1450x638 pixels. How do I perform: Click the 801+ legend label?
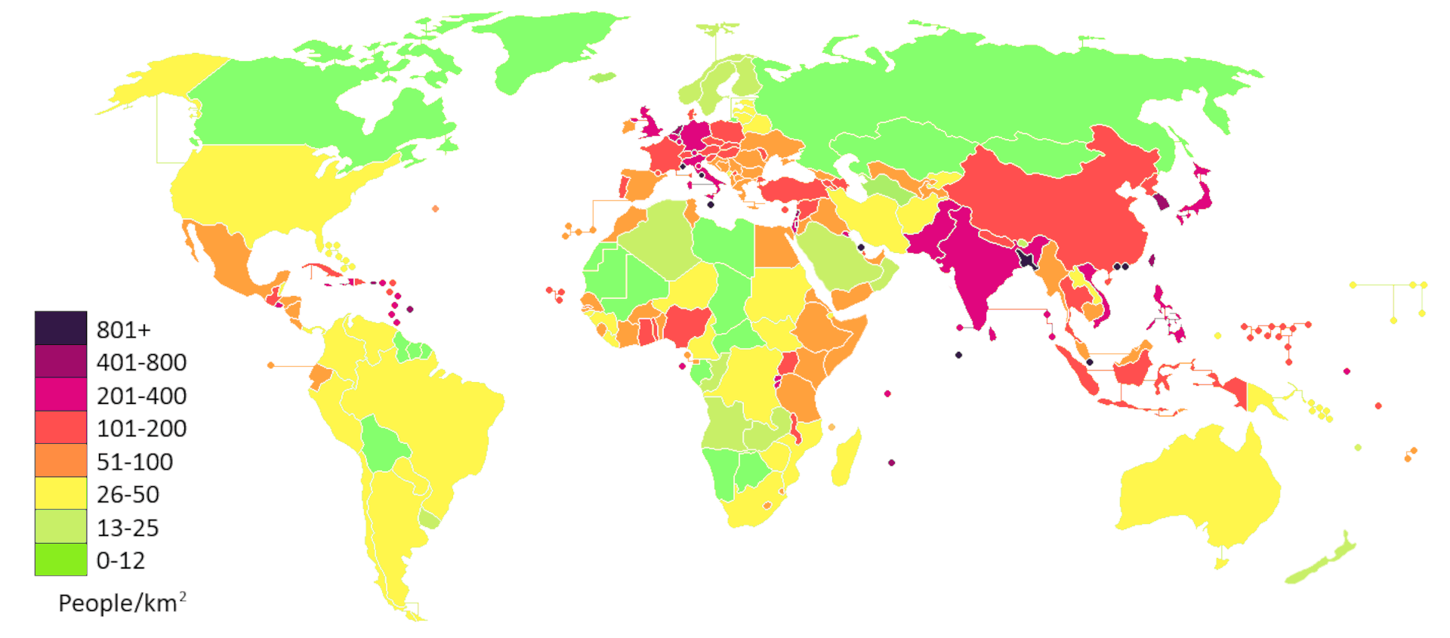pyautogui.click(x=124, y=330)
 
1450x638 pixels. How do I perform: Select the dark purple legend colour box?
pyautogui.click(x=60, y=328)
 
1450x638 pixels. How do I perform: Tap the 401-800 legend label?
pyautogui.click(x=141, y=362)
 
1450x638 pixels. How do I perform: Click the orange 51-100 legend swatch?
pyautogui.click(x=60, y=461)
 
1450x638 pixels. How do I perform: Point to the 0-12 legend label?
pyautogui.click(x=121, y=560)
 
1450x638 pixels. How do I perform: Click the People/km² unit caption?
pyautogui.click(x=122, y=603)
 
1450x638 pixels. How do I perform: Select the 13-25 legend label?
pyautogui.click(x=128, y=528)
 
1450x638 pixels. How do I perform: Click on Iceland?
pyautogui.click(x=602, y=77)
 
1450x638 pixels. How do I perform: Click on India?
pyautogui.click(x=974, y=272)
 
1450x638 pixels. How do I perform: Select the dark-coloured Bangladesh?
pyautogui.click(x=1026, y=260)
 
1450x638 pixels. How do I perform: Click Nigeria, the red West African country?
pyautogui.click(x=686, y=325)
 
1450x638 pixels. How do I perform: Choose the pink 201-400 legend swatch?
pyautogui.click(x=60, y=395)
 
